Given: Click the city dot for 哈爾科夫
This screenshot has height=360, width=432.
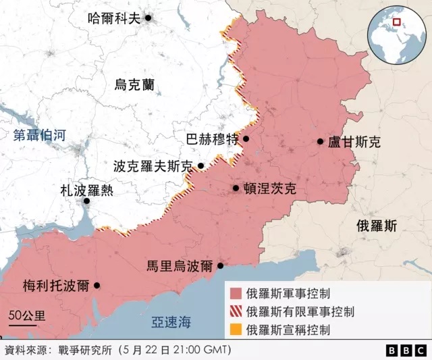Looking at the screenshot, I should [148, 18].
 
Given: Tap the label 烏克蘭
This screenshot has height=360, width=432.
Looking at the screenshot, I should [134, 85].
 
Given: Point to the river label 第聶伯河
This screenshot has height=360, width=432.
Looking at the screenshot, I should [40, 135].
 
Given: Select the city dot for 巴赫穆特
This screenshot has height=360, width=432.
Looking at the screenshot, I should [246, 139].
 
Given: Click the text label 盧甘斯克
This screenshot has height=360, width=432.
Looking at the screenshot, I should [354, 142].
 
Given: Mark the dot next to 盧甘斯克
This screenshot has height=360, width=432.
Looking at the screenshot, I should [321, 142].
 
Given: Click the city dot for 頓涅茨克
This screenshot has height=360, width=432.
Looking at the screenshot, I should [236, 188].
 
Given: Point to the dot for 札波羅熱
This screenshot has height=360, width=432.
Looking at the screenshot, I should [86, 201].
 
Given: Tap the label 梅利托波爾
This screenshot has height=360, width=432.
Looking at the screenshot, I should [55, 285].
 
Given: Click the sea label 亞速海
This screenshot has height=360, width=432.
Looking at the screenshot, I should [171, 322].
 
